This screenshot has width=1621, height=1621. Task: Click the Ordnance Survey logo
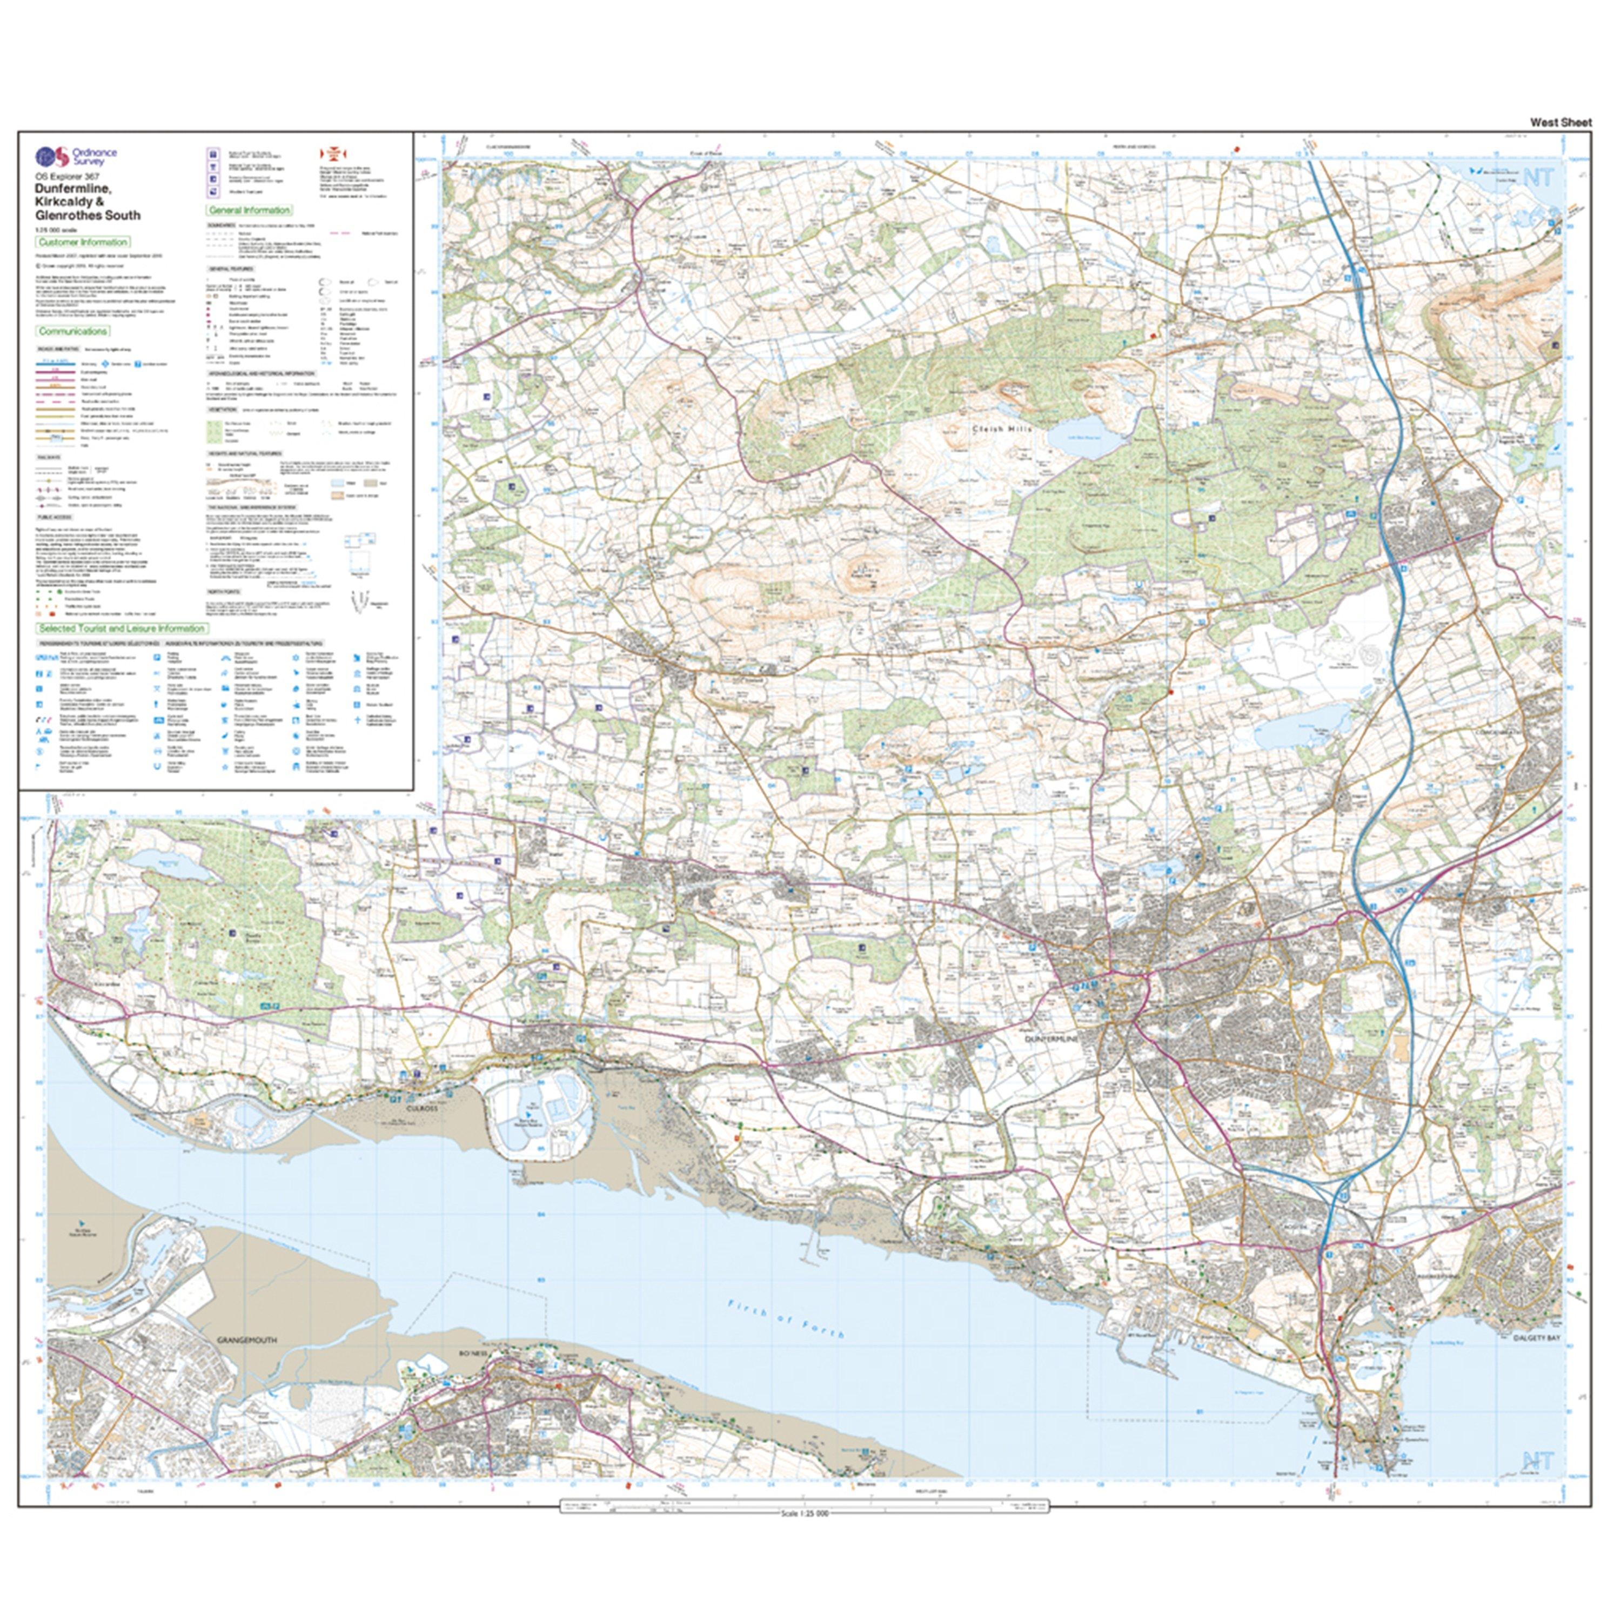[76, 156]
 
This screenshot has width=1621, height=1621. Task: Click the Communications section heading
[72, 331]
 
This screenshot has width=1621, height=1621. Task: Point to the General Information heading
[249, 211]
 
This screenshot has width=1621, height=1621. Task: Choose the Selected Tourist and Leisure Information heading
[122, 628]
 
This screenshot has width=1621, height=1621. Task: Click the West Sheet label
[1560, 123]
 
